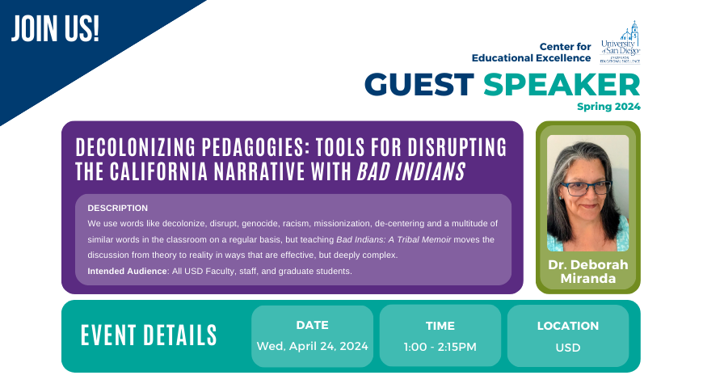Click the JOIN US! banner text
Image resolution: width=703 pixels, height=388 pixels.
pos(55,29)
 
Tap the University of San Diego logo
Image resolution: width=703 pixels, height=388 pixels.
pos(620,42)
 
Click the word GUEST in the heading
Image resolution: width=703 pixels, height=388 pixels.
pos(419,85)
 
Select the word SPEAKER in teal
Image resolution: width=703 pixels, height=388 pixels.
pos(562,85)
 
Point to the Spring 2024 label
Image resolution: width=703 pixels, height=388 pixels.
pos(608,107)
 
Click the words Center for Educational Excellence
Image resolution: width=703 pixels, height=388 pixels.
pos(531,53)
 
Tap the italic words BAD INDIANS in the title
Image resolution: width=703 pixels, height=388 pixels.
pos(410,171)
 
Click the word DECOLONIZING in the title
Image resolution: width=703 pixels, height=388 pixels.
pos(136,147)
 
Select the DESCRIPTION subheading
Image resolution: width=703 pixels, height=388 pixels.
pos(117,208)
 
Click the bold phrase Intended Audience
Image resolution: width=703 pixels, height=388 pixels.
pos(128,271)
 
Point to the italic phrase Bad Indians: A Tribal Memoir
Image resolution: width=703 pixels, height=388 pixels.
pos(394,239)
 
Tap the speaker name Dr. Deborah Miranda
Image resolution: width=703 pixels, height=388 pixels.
pos(587,272)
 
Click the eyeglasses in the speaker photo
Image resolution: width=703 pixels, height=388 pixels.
pos(586,188)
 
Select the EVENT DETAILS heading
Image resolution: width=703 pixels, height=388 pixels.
pos(149,335)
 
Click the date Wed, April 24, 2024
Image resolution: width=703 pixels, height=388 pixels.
pos(313,346)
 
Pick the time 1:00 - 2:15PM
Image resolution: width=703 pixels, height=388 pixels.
pos(440,348)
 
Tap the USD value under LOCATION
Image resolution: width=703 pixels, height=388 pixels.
pos(567,348)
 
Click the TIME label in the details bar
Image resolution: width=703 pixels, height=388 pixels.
pos(440,326)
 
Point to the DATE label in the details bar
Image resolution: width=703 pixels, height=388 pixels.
pos(313,325)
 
